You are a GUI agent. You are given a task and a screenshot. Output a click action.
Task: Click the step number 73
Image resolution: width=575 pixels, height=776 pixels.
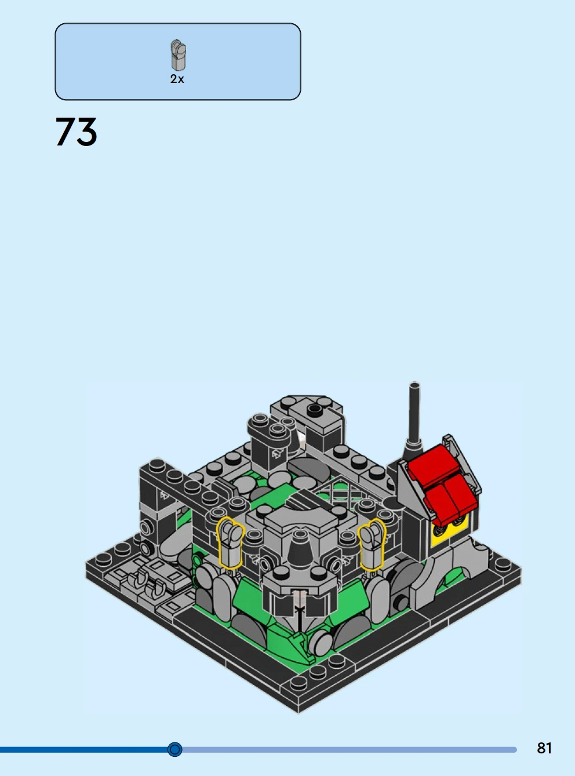[x=76, y=132]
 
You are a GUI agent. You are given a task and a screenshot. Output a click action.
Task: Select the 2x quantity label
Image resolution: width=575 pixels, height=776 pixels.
[x=177, y=79]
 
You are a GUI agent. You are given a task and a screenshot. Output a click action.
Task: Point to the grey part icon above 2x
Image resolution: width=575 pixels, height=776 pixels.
[x=179, y=55]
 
